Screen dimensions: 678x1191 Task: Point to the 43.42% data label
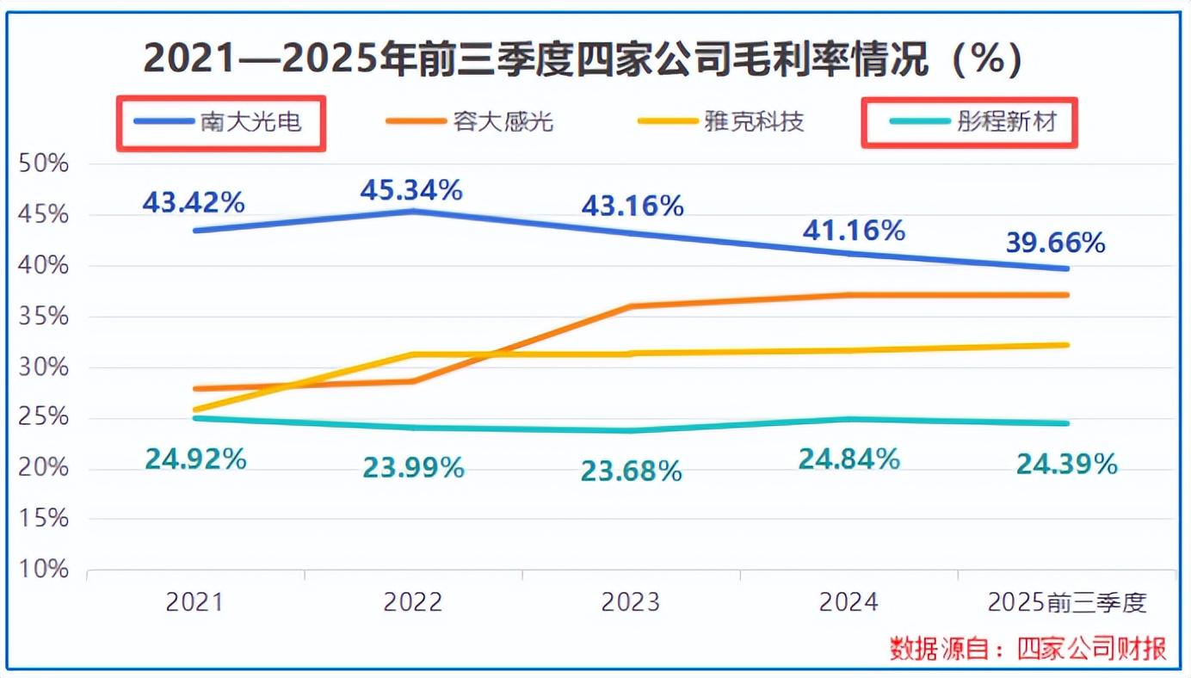(194, 202)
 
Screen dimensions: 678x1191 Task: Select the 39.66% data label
(1055, 243)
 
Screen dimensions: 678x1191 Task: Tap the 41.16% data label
(854, 231)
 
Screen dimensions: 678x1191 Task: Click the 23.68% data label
(632, 471)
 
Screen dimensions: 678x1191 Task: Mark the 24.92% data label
(195, 459)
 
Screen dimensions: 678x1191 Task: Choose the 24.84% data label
(849, 459)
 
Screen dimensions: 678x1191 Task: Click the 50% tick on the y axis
(42, 164)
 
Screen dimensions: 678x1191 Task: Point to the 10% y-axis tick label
(42, 570)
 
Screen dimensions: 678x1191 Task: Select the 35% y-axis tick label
(42, 317)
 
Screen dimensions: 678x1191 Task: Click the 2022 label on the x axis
(413, 602)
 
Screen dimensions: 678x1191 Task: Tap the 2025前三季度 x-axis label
(1067, 602)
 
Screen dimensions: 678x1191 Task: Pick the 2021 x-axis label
(194, 602)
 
